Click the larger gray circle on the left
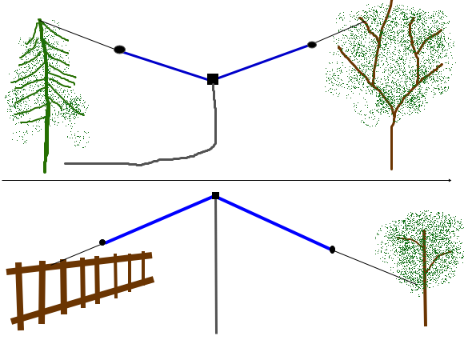point(119,50)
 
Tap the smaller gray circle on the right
point(312,45)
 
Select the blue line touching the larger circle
point(164,65)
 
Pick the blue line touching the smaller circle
point(264,62)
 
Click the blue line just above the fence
point(158,219)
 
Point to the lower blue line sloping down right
point(274,223)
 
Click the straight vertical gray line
point(215,264)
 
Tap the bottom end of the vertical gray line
point(215,332)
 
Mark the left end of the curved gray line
point(66,163)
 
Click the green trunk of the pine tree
point(46,136)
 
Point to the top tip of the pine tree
point(38,20)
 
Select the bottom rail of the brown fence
point(80,301)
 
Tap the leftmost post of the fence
point(19,296)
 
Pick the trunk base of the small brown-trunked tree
point(425,322)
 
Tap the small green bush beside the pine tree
point(78,138)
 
